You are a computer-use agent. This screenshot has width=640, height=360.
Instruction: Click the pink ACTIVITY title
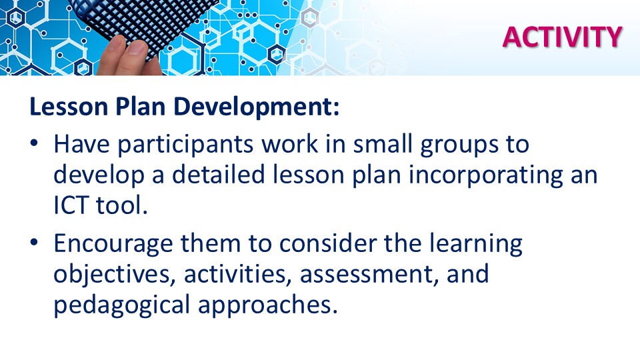coord(563,37)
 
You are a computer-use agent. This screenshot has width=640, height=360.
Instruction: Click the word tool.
coord(121,205)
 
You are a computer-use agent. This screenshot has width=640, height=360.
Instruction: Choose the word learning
coord(475,245)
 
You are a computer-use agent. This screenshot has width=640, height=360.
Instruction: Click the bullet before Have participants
coord(34,143)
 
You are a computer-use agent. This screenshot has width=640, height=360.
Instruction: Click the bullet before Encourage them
coord(34,242)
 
